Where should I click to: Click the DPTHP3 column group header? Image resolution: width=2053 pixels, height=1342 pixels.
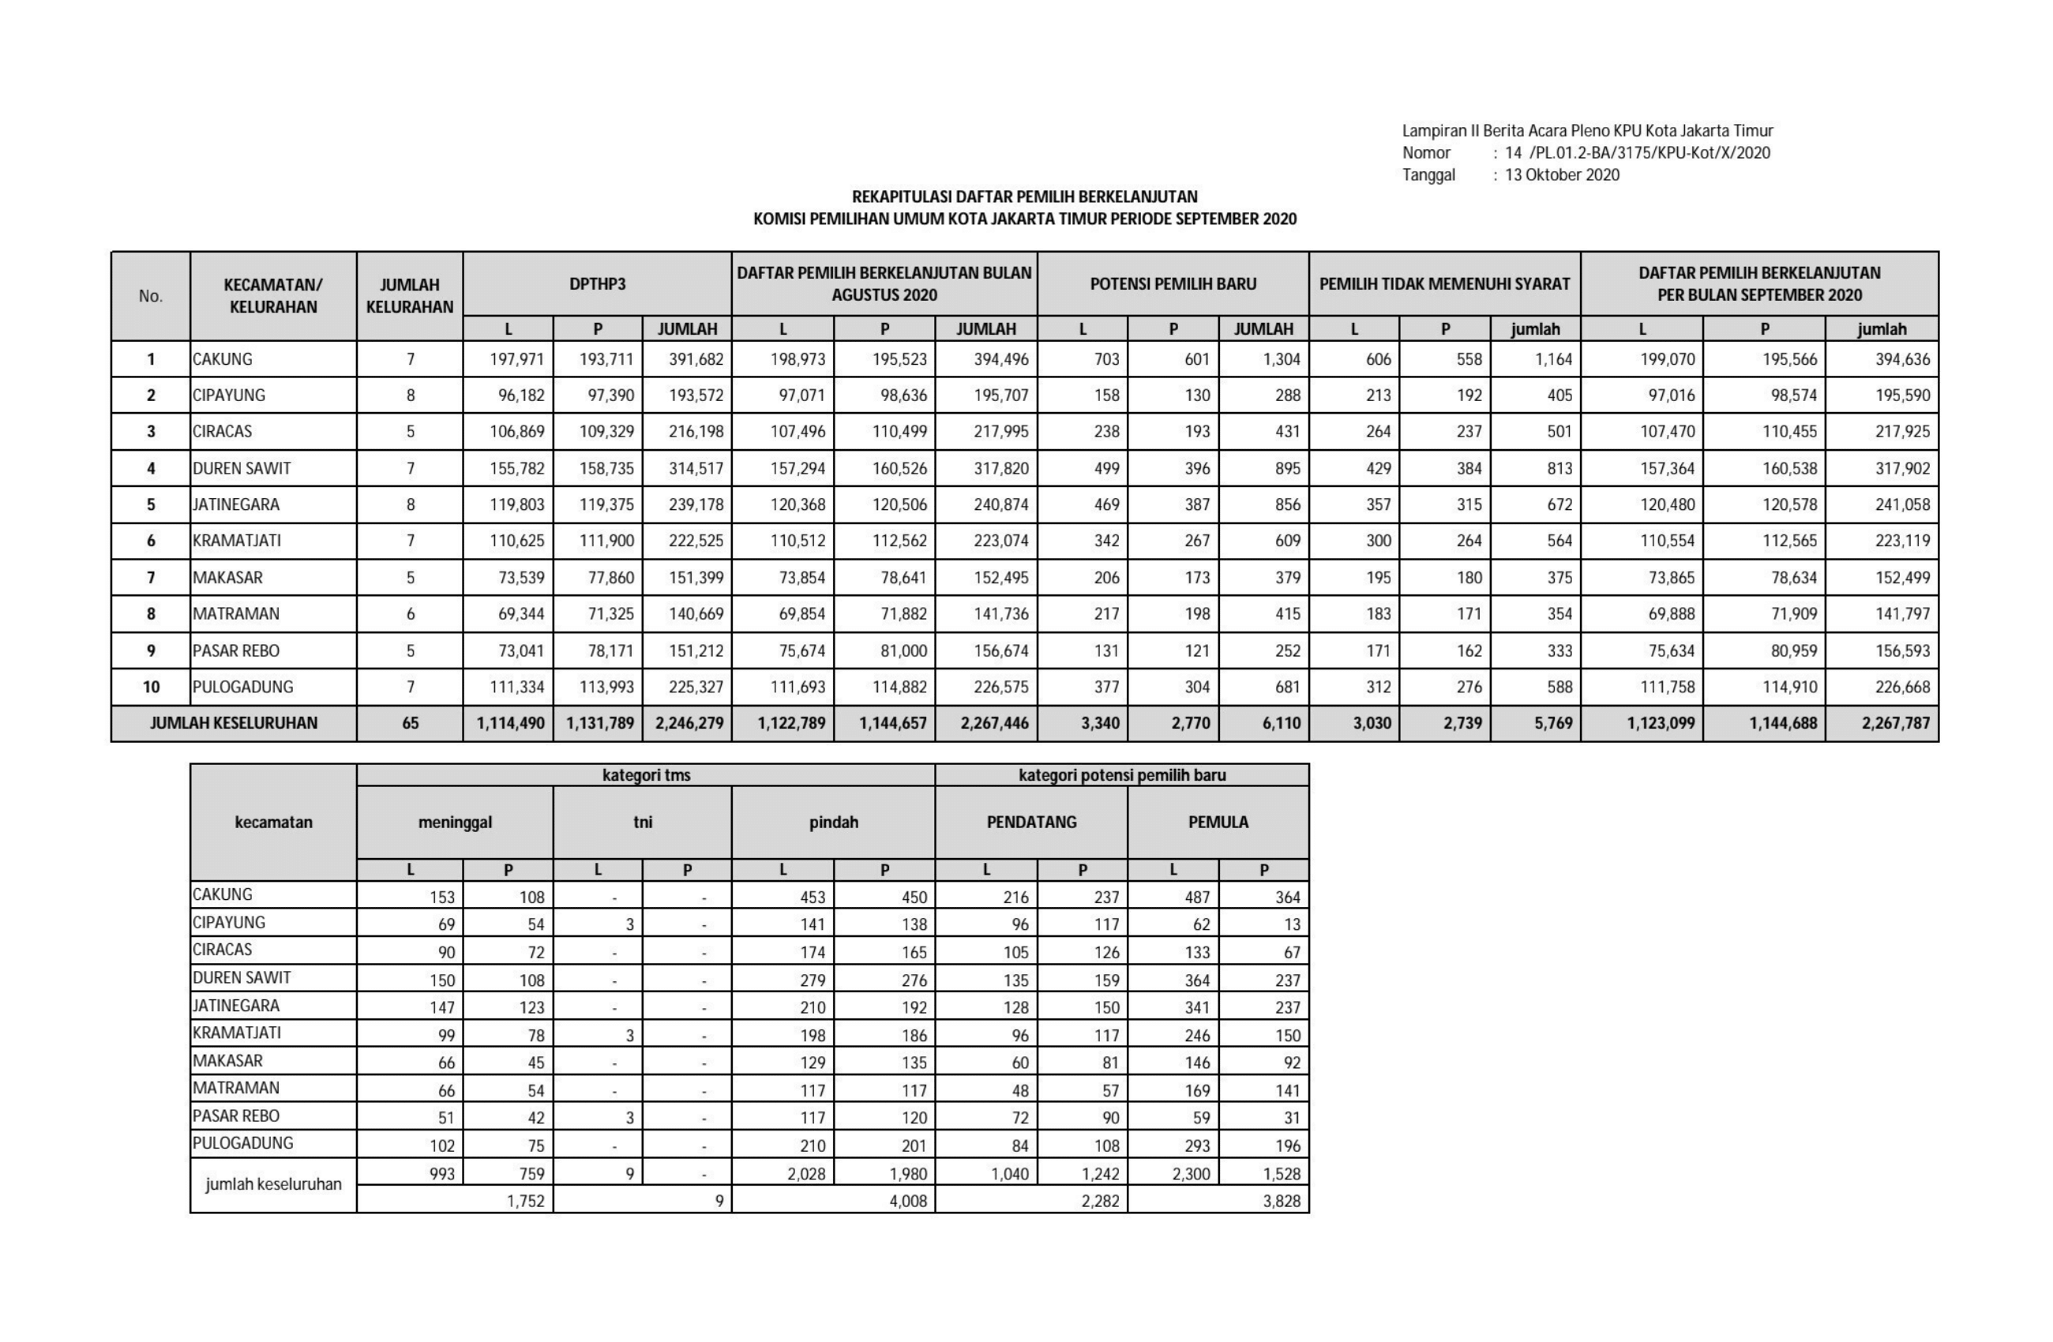pos(597,283)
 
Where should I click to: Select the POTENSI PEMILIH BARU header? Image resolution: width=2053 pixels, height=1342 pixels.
pos(1173,283)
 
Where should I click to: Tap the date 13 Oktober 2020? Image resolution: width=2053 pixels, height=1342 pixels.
pos(1561,175)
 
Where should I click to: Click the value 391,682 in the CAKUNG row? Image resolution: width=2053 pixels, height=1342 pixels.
pos(696,358)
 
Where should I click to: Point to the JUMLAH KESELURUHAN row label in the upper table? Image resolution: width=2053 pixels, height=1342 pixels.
pos(234,723)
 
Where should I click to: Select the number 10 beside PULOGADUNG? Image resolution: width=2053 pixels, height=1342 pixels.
pos(151,687)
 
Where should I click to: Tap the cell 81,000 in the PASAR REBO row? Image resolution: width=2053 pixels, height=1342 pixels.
pos(903,650)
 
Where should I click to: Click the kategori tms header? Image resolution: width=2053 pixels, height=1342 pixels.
pos(646,774)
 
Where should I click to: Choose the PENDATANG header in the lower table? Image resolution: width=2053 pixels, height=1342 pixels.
pos(1032,822)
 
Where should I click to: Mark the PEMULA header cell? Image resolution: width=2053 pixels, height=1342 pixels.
pos(1218,822)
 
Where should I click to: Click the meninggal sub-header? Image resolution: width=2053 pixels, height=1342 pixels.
pos(455,822)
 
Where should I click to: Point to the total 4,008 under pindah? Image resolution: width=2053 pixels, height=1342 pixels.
pos(907,1200)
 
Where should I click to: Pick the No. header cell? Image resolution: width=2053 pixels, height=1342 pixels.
pos(151,296)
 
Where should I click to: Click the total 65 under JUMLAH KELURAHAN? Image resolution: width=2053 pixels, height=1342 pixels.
pos(410,723)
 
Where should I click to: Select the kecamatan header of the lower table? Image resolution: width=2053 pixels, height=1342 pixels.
pos(273,822)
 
